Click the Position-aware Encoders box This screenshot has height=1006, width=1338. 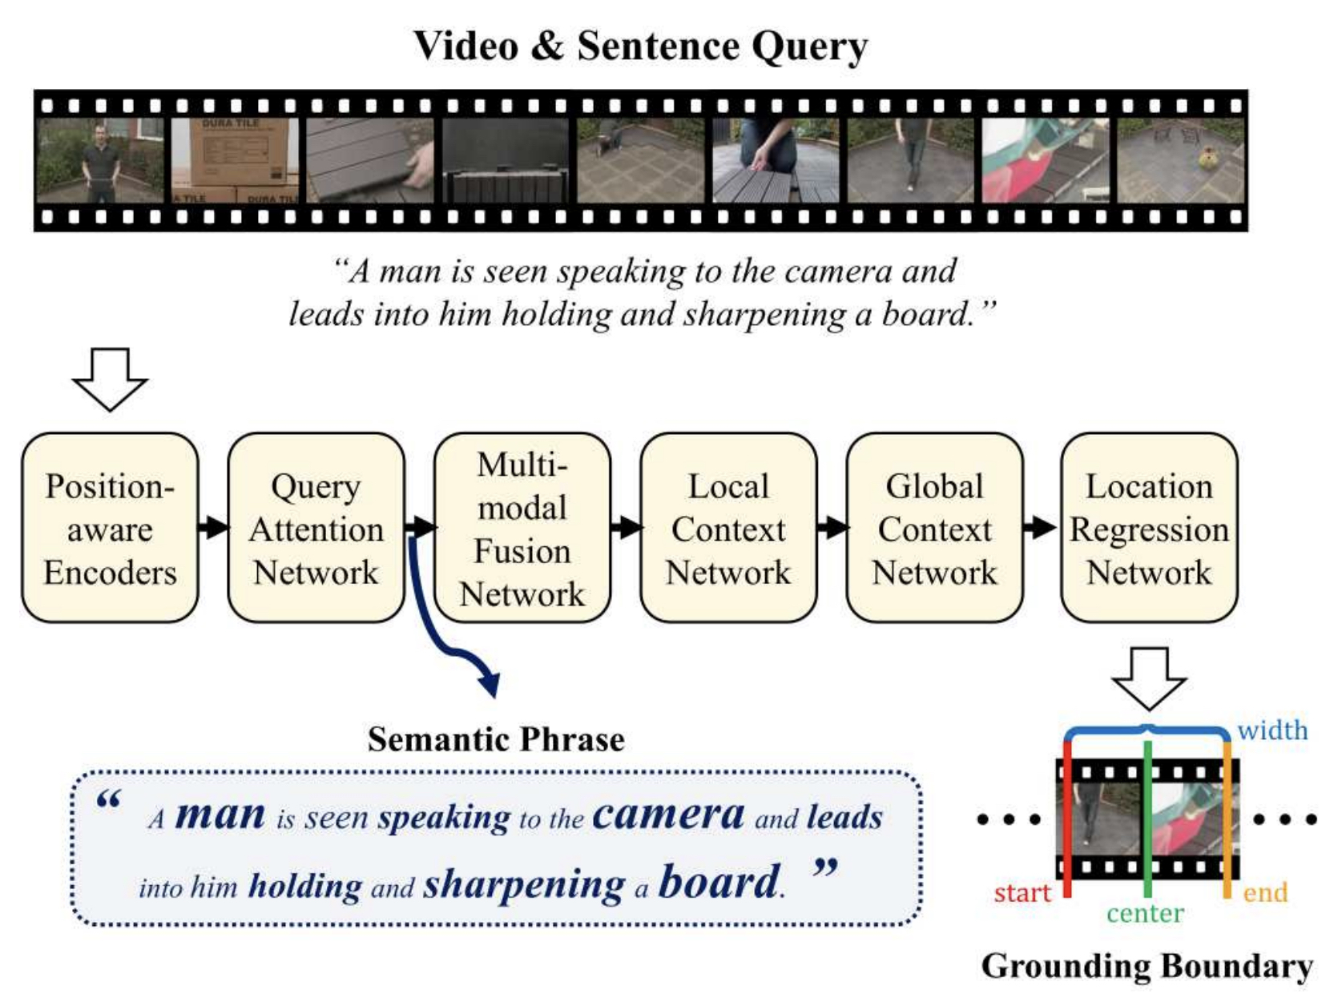tap(110, 529)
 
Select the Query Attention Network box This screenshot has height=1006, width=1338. tap(316, 529)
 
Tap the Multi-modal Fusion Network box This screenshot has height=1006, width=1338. tap(522, 529)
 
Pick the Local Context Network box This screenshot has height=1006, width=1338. tap(728, 529)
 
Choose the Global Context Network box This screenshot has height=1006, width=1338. tap(934, 529)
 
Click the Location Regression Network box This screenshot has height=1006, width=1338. tap(1149, 529)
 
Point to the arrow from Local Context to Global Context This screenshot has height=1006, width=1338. tap(832, 527)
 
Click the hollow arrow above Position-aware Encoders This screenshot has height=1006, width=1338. tap(110, 379)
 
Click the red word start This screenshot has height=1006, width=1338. tap(1022, 892)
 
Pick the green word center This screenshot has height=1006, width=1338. tap(1145, 913)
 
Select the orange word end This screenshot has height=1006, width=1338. tap(1265, 892)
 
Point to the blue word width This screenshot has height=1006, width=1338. tap(1272, 730)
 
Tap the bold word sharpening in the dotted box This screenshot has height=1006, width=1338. tap(523, 884)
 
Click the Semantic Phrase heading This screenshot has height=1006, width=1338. tap(496, 739)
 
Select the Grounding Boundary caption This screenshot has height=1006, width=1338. tap(1147, 966)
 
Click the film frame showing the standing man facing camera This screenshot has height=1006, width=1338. tap(100, 160)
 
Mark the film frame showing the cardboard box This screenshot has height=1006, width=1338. tap(235, 160)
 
